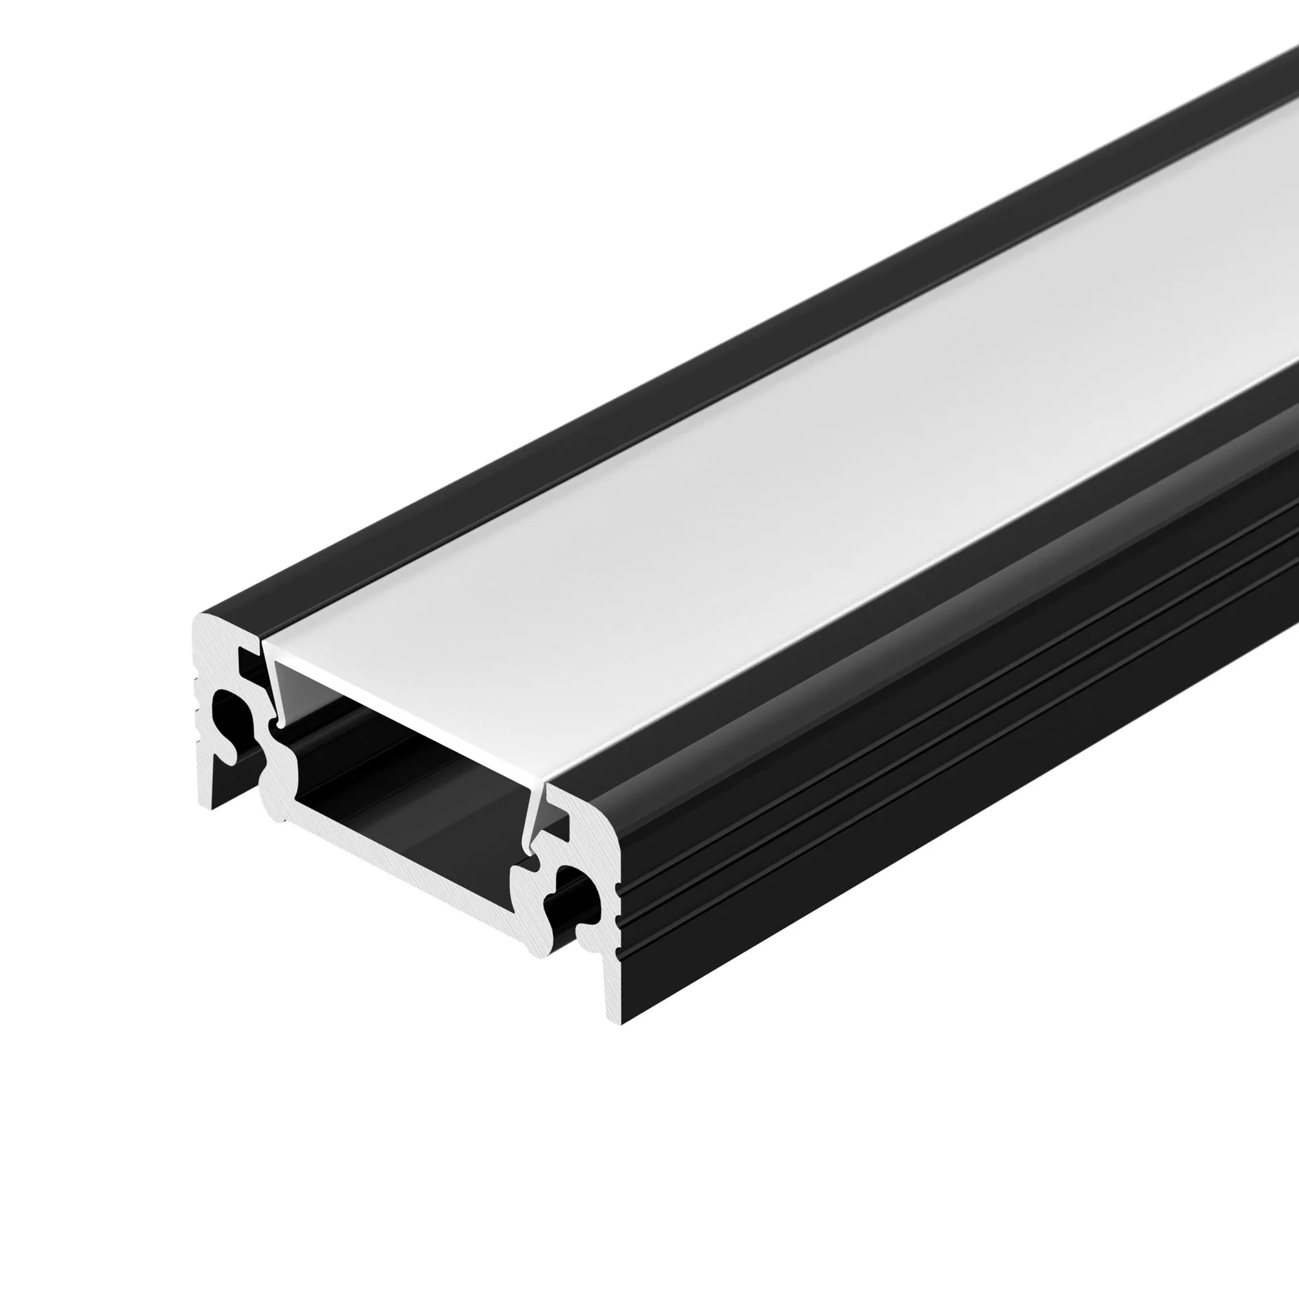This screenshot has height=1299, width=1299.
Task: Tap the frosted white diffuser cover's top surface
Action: point(740,471)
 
